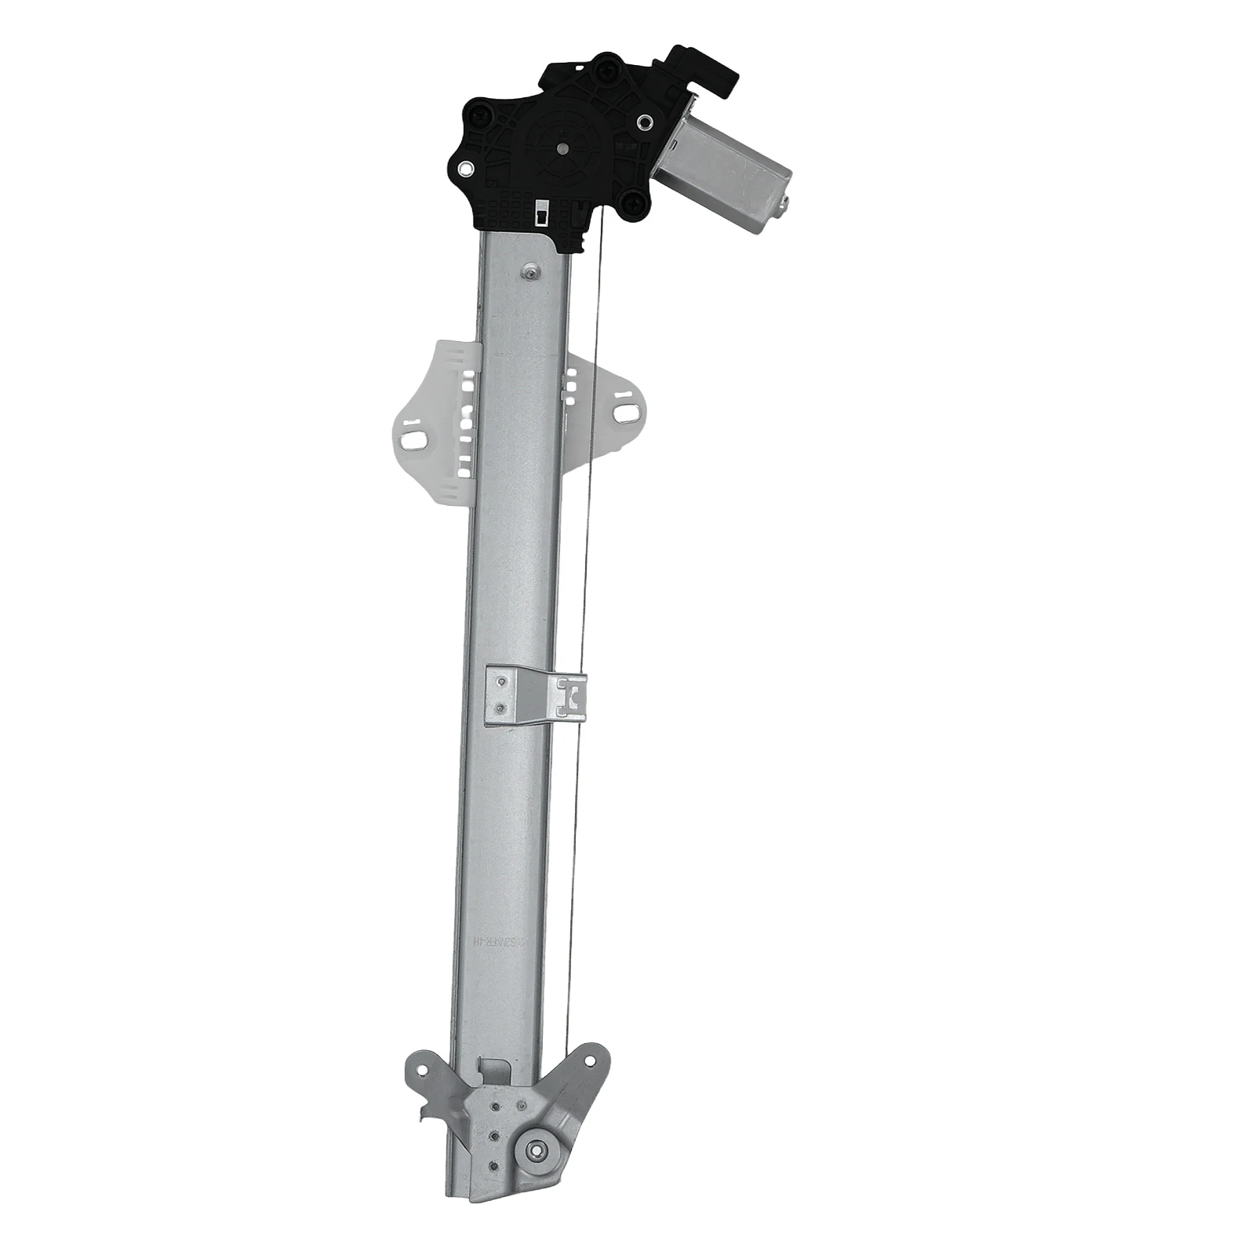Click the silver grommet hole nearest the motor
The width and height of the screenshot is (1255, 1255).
point(646,122)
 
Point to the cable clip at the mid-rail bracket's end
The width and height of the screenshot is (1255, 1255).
point(571,695)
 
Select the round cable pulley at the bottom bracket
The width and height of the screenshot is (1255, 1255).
point(537,1151)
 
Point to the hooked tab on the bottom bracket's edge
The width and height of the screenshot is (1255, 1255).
point(427,1114)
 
